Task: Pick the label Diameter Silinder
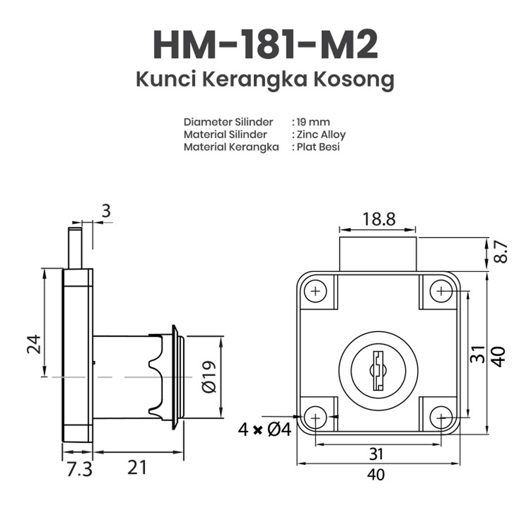pyautogui.click(x=228, y=122)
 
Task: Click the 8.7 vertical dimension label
pyautogui.click(x=500, y=252)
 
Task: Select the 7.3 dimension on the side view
pyautogui.click(x=79, y=469)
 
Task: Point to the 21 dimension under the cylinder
pyautogui.click(x=137, y=467)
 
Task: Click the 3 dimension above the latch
pyautogui.click(x=106, y=211)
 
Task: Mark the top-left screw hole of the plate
pyautogui.click(x=315, y=291)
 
